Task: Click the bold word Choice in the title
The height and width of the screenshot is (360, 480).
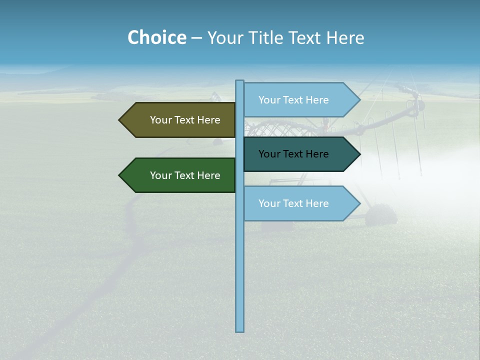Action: point(156,37)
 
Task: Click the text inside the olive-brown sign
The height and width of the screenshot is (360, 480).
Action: point(185,120)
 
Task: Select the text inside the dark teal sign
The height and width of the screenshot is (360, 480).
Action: point(293,154)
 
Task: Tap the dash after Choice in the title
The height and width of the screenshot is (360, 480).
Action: point(196,38)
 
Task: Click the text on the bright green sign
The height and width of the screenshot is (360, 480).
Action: point(185,175)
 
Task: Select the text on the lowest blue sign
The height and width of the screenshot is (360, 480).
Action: point(293,203)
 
